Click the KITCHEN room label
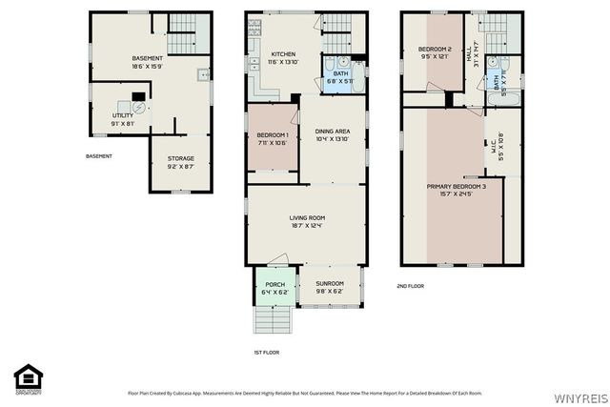pyautogui.click(x=282, y=55)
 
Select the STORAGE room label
pyautogui.click(x=181, y=158)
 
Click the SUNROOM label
pyautogui.click(x=330, y=284)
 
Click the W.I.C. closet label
pyautogui.click(x=499, y=147)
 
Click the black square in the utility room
pyautogui.click(x=139, y=95)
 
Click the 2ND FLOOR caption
pyautogui.click(x=411, y=286)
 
